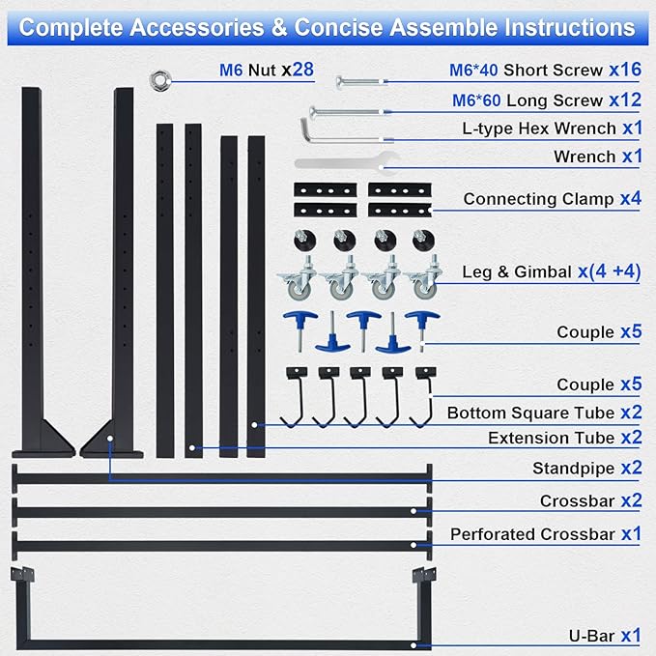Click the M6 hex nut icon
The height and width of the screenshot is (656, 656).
click(160, 81)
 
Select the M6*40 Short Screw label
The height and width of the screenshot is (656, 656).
click(526, 71)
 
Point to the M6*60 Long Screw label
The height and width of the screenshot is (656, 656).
click(528, 100)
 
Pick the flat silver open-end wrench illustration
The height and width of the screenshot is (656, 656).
click(347, 163)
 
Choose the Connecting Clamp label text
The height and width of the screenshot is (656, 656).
click(538, 199)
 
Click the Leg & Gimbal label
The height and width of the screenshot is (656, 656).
click(517, 271)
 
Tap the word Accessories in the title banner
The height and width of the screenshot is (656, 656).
click(197, 28)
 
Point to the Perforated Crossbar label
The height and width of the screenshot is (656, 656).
click(532, 534)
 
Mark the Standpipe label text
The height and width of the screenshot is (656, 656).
click(573, 469)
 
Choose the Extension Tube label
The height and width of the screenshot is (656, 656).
click(552, 438)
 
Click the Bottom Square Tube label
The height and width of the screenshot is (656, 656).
click(531, 413)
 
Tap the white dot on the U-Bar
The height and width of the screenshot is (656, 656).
click(414, 645)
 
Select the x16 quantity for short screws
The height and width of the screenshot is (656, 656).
click(625, 70)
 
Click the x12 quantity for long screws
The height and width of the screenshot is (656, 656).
click(625, 100)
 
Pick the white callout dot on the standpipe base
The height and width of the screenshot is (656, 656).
click(110, 439)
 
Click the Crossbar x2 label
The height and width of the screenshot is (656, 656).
click(590, 500)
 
